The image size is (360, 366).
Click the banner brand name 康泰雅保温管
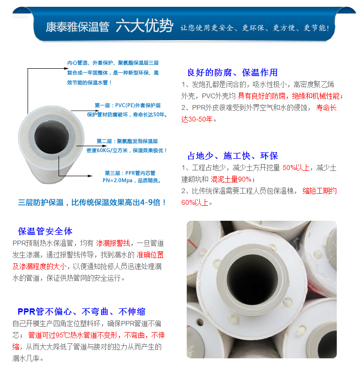(77, 27)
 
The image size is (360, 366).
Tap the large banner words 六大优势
(144, 26)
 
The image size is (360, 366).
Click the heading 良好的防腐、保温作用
(232, 73)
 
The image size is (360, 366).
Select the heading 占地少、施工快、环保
(232, 156)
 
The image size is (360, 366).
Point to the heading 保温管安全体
(45, 231)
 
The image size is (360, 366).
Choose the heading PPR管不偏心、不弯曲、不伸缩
(81, 311)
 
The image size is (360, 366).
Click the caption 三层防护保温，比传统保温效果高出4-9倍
(92, 202)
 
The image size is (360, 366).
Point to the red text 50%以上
(296, 168)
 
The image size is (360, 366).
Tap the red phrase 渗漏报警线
(113, 243)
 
